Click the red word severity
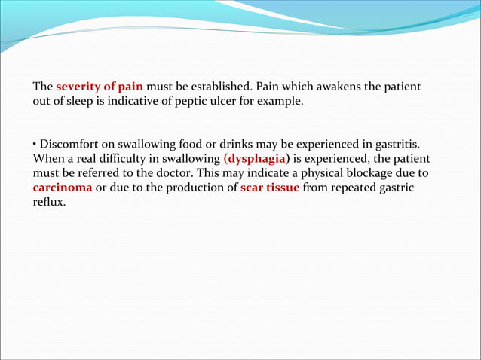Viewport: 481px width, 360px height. [77, 87]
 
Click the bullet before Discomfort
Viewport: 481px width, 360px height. [35, 144]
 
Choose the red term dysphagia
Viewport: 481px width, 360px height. [256, 159]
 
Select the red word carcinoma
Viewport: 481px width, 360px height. [63, 188]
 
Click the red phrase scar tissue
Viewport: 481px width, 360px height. [269, 188]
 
